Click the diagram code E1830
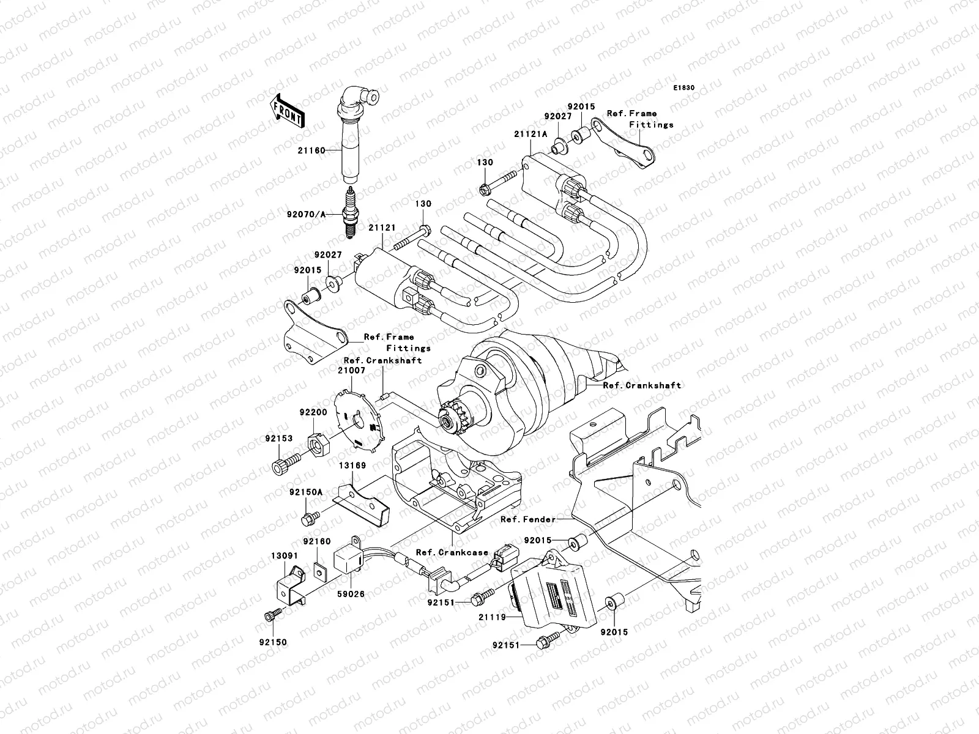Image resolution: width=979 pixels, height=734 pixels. [x=685, y=88]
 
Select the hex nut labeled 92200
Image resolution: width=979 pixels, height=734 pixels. [x=319, y=442]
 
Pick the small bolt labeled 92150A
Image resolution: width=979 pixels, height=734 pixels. [x=308, y=519]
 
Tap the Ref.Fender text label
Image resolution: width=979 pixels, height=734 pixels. [x=528, y=519]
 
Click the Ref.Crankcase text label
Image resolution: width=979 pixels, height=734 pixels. [x=452, y=552]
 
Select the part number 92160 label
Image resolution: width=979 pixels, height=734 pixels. [x=316, y=542]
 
